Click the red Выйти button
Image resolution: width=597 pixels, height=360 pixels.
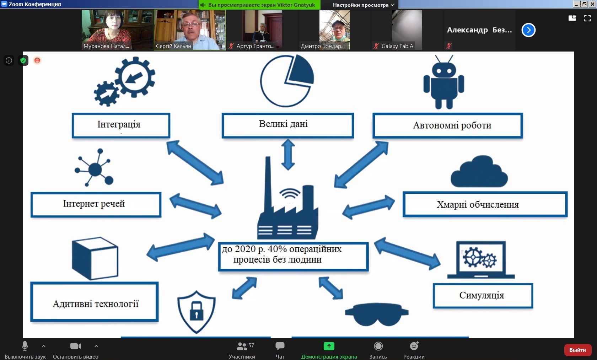(577, 350)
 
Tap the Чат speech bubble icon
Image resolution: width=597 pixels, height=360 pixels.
(280, 346)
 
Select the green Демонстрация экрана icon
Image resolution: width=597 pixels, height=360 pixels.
(329, 346)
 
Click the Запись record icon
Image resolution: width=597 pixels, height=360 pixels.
(378, 346)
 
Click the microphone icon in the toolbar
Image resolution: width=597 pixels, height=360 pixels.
(25, 346)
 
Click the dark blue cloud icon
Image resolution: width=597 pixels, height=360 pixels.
(479, 172)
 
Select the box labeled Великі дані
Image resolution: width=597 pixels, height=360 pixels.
(287, 125)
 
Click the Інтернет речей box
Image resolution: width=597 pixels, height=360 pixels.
(96, 204)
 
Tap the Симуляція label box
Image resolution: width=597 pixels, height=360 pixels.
(483, 296)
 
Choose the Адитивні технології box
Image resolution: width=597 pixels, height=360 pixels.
(95, 302)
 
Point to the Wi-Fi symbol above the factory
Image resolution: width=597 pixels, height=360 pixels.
(290, 194)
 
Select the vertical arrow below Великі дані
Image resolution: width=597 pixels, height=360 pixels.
(288, 155)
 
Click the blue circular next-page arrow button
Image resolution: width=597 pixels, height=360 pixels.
(528, 30)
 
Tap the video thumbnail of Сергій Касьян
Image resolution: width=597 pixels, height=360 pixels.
(189, 30)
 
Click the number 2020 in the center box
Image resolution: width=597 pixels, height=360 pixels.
(245, 249)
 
